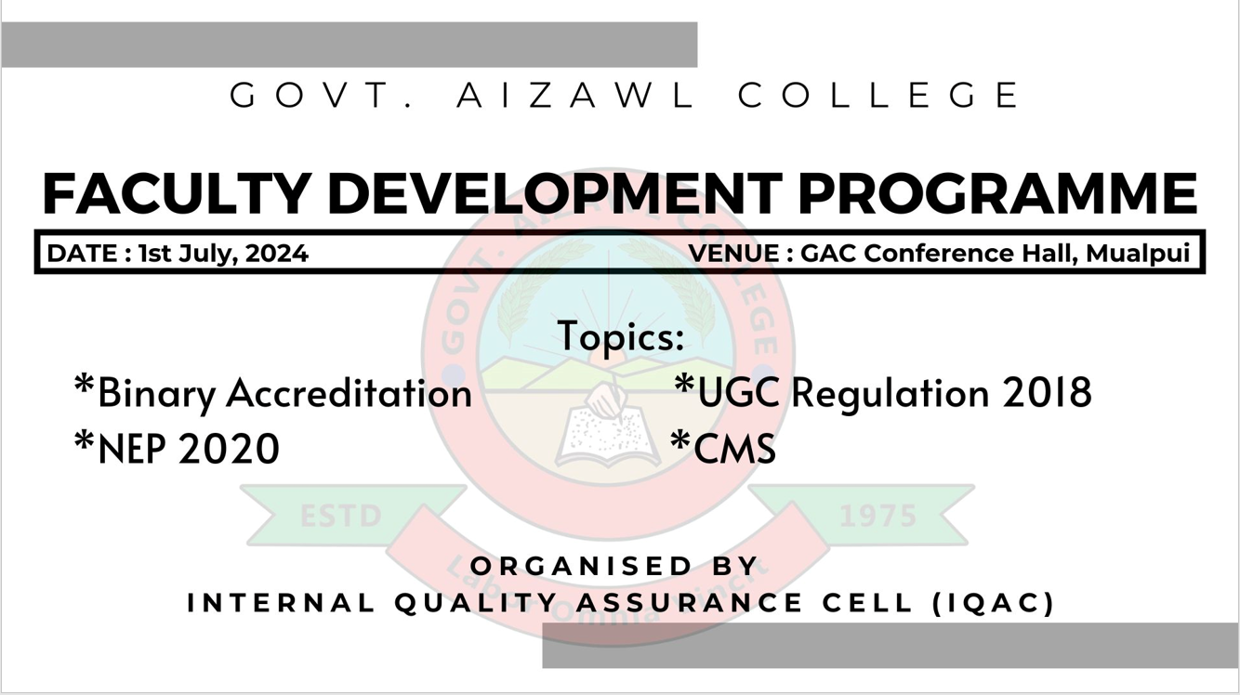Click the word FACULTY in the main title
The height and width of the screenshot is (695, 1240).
[176, 192]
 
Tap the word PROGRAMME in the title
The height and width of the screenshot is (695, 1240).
[998, 192]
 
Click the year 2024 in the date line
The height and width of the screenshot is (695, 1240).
[277, 254]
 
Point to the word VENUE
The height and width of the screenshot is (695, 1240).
[734, 254]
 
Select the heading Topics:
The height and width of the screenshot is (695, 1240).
[621, 336]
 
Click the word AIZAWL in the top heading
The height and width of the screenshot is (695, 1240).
[575, 95]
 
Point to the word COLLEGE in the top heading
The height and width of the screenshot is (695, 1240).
[878, 95]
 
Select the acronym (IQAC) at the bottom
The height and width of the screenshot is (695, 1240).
[994, 603]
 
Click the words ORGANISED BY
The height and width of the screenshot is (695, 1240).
[613, 566]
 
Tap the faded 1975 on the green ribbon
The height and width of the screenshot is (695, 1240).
[878, 517]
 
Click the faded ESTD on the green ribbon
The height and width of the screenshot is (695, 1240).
[341, 517]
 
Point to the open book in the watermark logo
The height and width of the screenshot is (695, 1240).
[608, 437]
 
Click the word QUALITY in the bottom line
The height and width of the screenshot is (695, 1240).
[476, 603]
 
